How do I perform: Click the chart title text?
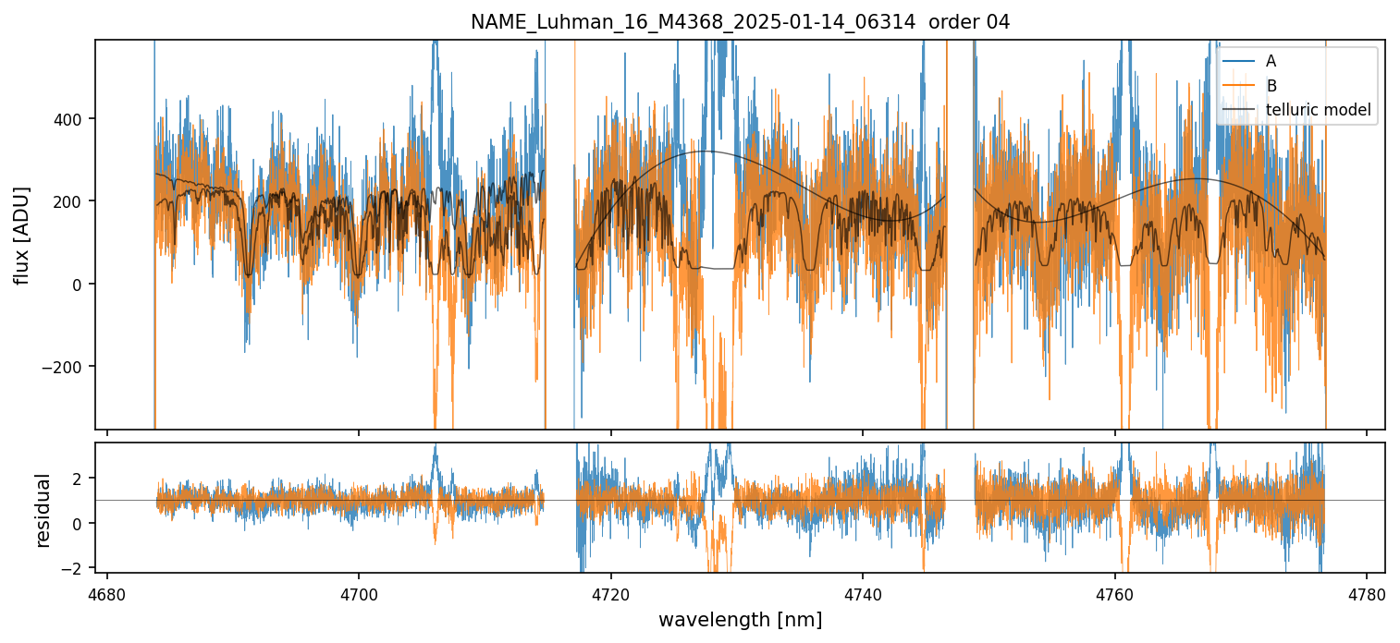tap(740, 22)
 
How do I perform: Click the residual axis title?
tap(43, 510)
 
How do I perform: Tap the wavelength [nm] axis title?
tap(740, 620)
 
